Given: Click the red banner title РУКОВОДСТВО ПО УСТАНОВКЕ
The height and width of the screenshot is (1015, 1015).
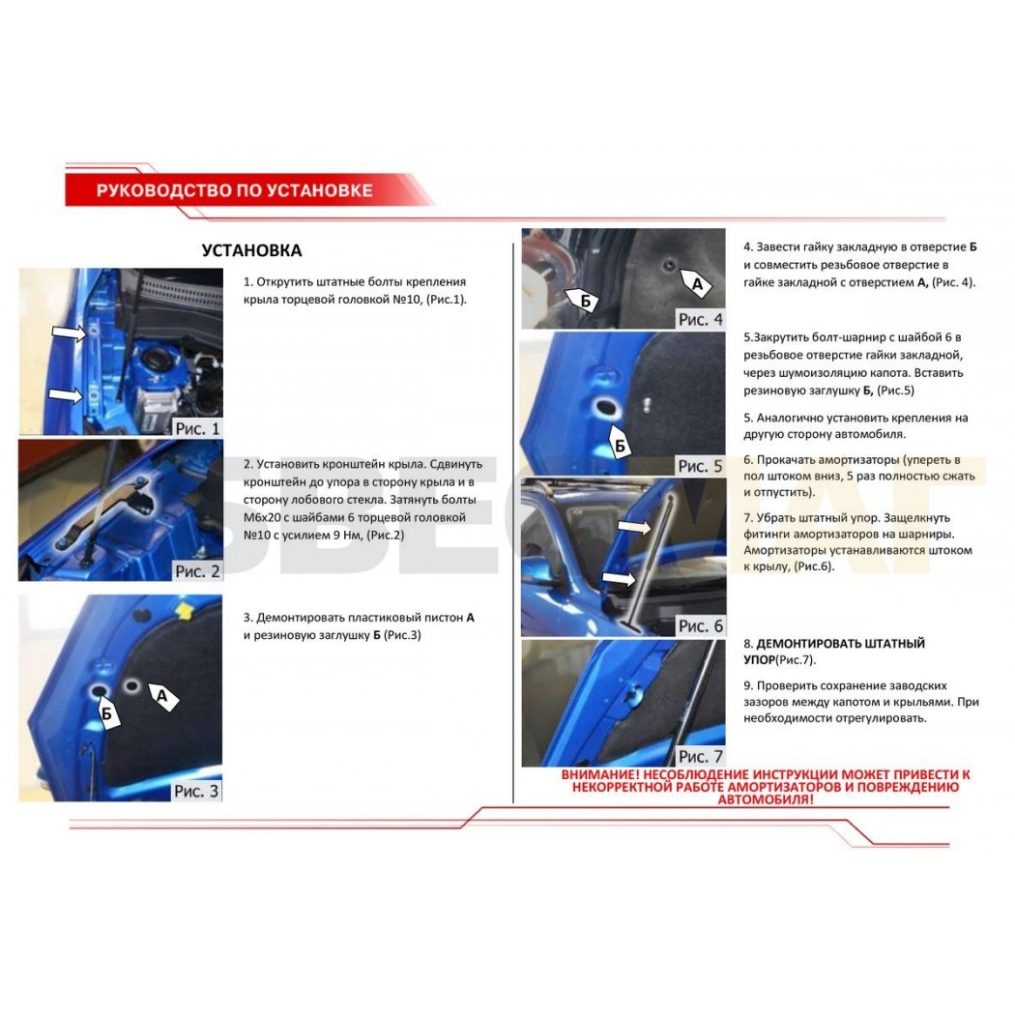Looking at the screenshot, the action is (234, 190).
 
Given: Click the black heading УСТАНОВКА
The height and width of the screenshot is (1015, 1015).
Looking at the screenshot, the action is (251, 250).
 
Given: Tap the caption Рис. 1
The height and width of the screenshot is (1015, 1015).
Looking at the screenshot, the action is (197, 428).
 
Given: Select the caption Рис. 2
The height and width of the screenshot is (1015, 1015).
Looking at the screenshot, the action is (197, 571).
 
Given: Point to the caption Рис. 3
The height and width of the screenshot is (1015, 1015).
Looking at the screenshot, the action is (196, 791).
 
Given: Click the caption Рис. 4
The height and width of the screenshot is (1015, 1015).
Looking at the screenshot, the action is (701, 319).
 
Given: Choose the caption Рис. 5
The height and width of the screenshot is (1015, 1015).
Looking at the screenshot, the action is (700, 466).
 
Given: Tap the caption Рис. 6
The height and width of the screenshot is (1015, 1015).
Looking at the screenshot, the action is (701, 626).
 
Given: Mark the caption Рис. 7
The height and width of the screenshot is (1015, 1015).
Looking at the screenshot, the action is (701, 756).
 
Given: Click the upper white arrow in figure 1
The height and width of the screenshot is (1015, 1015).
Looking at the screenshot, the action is (69, 333).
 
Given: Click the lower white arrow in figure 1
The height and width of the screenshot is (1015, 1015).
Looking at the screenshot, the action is (66, 394).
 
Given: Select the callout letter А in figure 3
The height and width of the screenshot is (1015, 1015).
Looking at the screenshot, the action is (161, 696).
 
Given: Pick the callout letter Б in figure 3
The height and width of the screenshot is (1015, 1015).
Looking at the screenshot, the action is (106, 714).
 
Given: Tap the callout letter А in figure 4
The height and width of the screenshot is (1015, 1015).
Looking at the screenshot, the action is (697, 284).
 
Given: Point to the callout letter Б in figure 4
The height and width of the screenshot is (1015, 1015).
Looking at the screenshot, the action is (585, 301).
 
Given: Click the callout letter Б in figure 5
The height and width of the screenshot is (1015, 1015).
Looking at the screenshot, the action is (621, 446).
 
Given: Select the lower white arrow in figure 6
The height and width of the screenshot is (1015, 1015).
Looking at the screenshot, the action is (619, 577).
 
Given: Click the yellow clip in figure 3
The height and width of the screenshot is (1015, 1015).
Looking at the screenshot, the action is (185, 610).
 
